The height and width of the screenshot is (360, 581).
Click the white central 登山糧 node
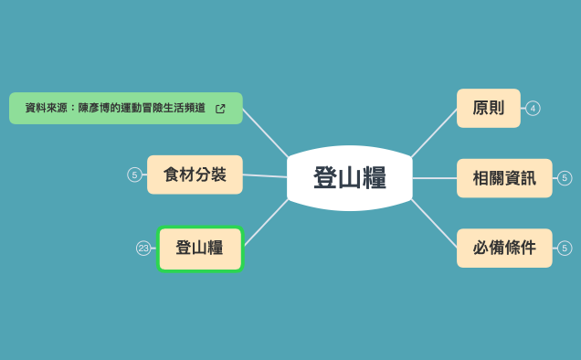(350, 177)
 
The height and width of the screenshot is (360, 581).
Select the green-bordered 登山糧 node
(199, 249)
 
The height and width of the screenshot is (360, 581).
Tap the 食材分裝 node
(195, 175)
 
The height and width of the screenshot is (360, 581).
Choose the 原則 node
(488, 108)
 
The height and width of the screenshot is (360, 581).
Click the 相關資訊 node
(504, 177)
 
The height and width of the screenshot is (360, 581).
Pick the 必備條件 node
(504, 248)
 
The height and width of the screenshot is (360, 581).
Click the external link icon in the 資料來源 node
(220, 109)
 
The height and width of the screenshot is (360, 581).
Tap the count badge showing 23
(143, 248)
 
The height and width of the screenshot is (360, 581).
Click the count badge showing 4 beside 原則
(533, 108)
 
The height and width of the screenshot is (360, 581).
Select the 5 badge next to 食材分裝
(134, 175)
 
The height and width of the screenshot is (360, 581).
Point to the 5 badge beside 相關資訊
(565, 177)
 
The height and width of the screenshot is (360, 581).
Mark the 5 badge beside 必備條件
(565, 248)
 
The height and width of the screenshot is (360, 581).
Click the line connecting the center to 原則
(434, 132)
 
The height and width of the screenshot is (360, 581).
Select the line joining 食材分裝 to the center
(265, 175)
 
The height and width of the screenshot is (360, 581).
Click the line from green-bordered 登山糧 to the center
(266, 223)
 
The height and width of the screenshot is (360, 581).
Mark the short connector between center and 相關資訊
(435, 177)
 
